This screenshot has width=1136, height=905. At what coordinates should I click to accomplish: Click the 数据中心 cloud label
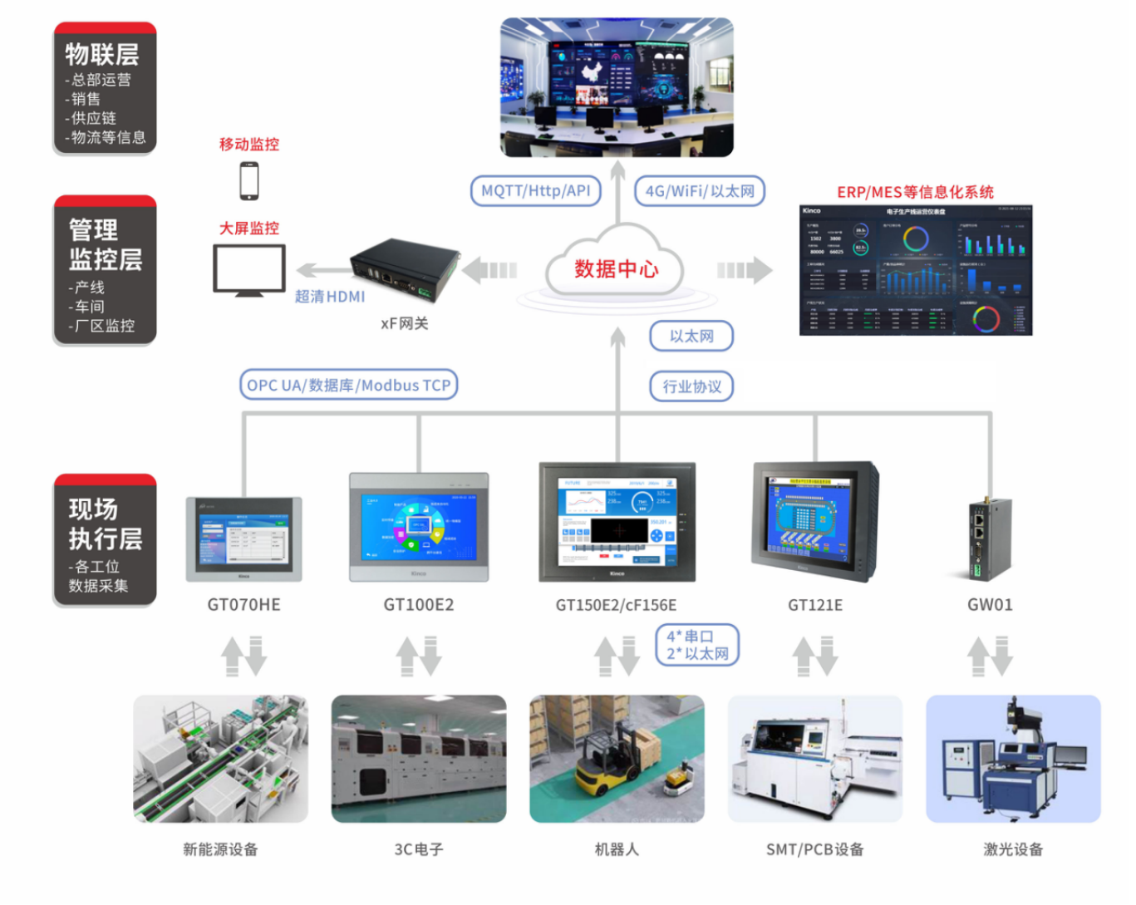(x=616, y=269)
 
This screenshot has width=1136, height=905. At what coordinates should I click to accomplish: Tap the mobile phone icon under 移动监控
(x=248, y=180)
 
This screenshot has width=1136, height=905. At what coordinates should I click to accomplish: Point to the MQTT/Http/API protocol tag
(x=535, y=191)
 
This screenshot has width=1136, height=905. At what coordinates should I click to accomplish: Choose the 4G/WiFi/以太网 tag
(x=700, y=191)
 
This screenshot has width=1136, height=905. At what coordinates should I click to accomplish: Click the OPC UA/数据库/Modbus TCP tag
(x=349, y=386)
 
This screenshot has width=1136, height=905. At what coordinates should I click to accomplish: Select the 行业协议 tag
(x=691, y=386)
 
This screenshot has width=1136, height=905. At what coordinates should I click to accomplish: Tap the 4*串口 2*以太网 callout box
(x=697, y=645)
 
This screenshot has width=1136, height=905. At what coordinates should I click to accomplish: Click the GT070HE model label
(x=243, y=605)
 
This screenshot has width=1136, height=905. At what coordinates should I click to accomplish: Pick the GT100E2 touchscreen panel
(x=419, y=527)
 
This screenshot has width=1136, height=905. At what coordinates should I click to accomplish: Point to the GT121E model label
(x=815, y=605)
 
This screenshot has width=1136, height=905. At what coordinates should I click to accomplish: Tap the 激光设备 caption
(x=1013, y=849)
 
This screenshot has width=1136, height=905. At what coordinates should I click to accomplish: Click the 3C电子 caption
(x=419, y=849)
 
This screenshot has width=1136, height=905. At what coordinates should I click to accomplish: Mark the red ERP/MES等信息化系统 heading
(x=915, y=192)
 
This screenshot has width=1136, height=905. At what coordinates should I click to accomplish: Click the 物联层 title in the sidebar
(x=102, y=55)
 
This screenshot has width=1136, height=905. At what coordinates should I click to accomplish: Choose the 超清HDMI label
(x=330, y=297)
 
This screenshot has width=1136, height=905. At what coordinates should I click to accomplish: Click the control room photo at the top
(x=617, y=87)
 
